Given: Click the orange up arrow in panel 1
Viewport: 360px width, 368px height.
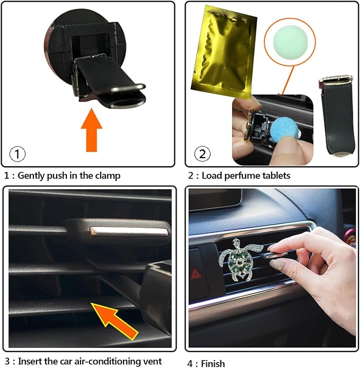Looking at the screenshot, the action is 92,130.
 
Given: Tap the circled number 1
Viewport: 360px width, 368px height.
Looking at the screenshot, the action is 17,154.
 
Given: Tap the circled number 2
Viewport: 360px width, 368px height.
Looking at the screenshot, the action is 203,154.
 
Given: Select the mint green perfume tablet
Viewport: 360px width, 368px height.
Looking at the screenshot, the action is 289,39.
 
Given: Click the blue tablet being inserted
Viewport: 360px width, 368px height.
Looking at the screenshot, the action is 284,130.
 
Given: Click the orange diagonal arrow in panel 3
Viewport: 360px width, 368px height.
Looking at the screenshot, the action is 115,321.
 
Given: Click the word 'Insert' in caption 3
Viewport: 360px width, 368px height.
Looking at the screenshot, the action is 29,361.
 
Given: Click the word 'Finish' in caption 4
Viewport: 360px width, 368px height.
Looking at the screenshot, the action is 213,363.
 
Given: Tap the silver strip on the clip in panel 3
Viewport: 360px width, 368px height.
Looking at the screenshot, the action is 129,231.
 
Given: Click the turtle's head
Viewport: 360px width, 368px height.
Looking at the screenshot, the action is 236,242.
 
